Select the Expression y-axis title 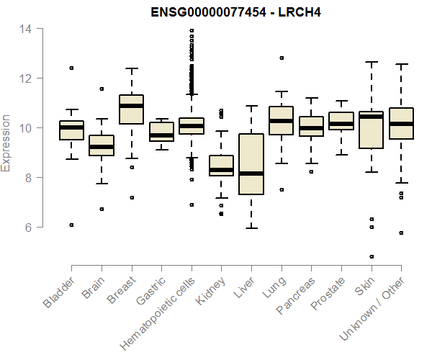tap(6, 143)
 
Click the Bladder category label tap(59, 292)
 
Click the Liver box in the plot tap(251, 164)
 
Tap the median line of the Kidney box tap(221, 170)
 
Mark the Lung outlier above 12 tap(282, 58)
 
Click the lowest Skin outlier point tap(372, 256)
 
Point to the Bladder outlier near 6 tap(71, 225)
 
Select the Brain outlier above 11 tap(102, 89)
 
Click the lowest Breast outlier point tap(131, 197)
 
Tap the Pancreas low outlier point tap(311, 171)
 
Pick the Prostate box tap(341, 120)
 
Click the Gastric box tap(161, 132)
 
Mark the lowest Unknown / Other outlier tap(401, 233)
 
